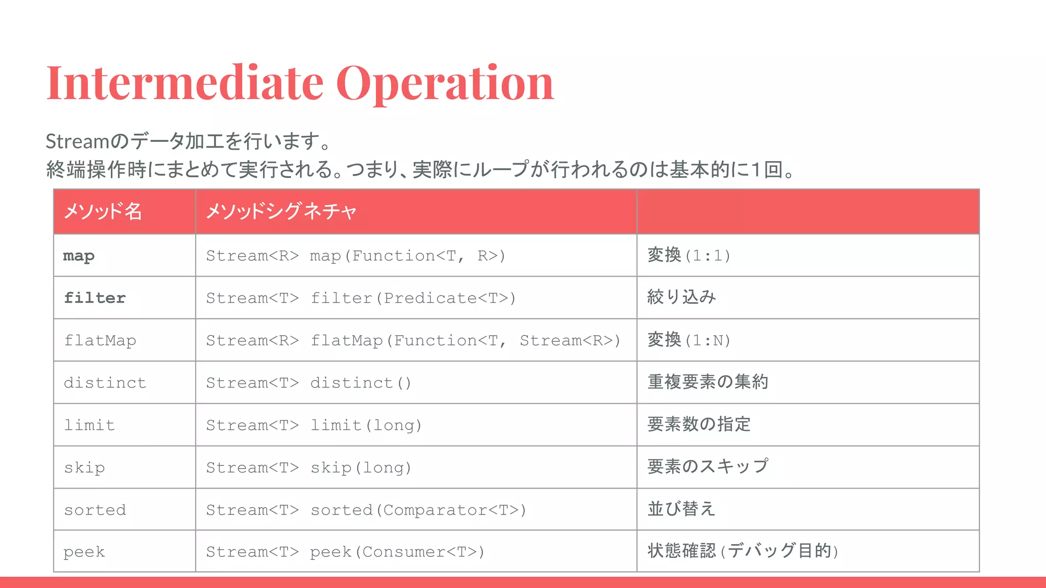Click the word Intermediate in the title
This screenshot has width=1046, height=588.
pyautogui.click(x=184, y=83)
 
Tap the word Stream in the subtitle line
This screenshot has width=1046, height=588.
pyautogui.click(x=77, y=141)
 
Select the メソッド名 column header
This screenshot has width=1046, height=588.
pyautogui.click(x=103, y=211)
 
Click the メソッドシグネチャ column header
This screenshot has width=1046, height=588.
pyautogui.click(x=281, y=211)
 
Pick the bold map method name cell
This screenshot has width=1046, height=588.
pyautogui.click(x=79, y=256)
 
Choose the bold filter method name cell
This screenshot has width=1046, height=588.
pyautogui.click(x=95, y=298)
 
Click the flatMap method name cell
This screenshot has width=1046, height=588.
pyautogui.click(x=100, y=340)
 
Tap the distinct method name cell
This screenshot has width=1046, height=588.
pyautogui.click(x=105, y=383)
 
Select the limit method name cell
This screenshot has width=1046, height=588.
pyautogui.click(x=89, y=425)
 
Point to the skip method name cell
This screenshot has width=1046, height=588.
pyautogui.click(x=84, y=468)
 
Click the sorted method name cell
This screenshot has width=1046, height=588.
pyautogui.click(x=95, y=510)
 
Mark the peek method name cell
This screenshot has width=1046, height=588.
pyautogui.click(x=84, y=552)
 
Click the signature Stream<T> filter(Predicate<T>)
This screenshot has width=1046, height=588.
pyautogui.click(x=361, y=298)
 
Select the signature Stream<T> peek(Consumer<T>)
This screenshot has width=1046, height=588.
pyautogui.click(x=345, y=552)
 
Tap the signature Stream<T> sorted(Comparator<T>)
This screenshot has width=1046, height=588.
pyautogui.click(x=366, y=510)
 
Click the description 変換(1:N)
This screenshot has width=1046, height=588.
pyautogui.click(x=689, y=340)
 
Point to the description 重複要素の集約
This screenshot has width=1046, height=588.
pyautogui.click(x=708, y=382)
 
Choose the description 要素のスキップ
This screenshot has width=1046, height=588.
pyautogui.click(x=708, y=467)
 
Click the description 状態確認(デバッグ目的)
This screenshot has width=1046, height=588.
pyautogui.click(x=743, y=551)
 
